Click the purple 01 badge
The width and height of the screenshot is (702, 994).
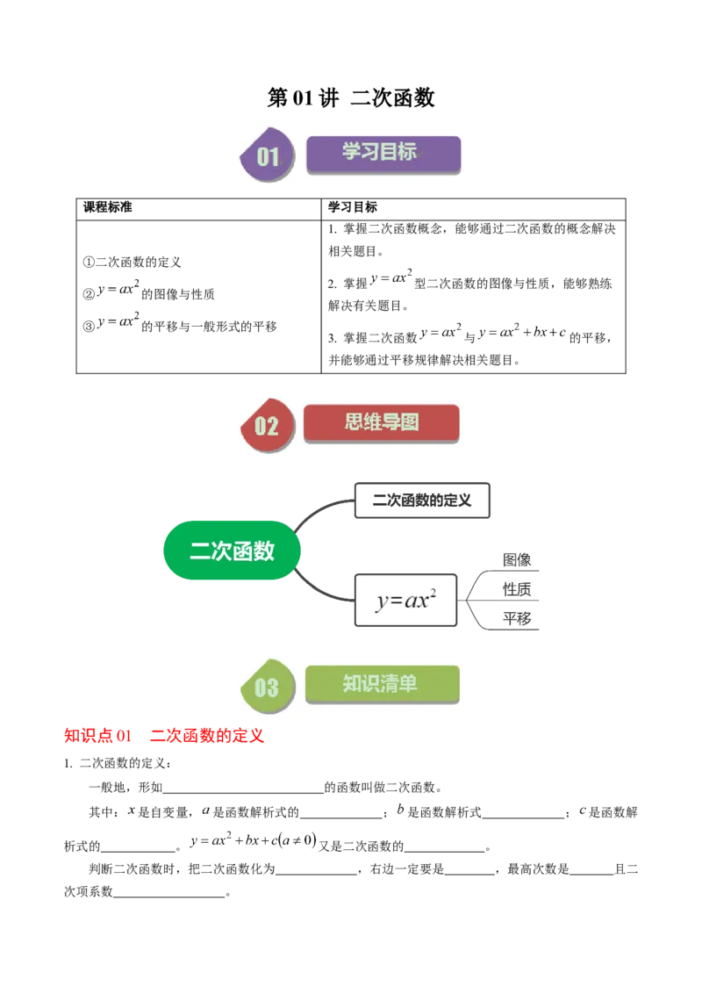[267, 157]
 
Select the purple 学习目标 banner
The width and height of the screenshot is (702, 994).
[383, 153]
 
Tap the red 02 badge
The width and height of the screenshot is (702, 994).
[266, 426]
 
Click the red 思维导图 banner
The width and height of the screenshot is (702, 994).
[381, 422]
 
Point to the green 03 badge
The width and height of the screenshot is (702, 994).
[266, 688]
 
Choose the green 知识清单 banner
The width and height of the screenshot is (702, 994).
[381, 683]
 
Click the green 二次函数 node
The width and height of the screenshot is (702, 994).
[232, 551]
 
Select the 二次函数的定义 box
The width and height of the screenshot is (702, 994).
[421, 501]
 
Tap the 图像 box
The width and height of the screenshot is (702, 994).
[516, 559]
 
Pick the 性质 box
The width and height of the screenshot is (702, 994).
[516, 589]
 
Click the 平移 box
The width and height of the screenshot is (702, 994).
[516, 618]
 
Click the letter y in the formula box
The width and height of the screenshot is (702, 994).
[382, 602]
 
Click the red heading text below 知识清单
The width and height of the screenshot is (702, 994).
[164, 736]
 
